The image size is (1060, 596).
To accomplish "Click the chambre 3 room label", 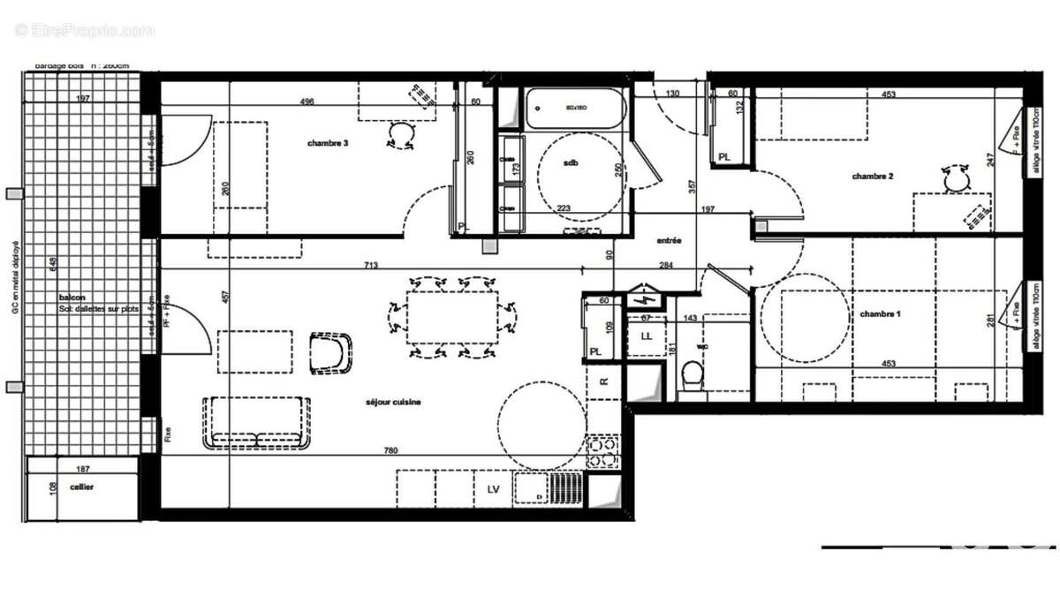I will pos(327,143).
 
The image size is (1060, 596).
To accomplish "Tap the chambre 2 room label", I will pos(873,177).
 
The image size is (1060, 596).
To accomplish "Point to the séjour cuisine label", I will pos(394,402).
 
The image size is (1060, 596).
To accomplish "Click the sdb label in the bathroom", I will pos(570,163).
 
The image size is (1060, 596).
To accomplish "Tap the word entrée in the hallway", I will pos(668,240).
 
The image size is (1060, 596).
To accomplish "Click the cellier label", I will pos(82,487).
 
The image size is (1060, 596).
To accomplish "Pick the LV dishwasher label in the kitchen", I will pos(492,488).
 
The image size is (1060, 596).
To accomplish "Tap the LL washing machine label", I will pos(646,337).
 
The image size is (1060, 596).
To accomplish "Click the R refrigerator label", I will pos(603,381).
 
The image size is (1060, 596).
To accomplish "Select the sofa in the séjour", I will pos(257,422).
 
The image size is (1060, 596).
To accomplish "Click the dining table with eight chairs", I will pos(452,316).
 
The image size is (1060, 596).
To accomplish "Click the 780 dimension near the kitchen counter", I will pos(391,451).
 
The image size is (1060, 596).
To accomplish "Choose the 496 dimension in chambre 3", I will pos(307,102).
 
